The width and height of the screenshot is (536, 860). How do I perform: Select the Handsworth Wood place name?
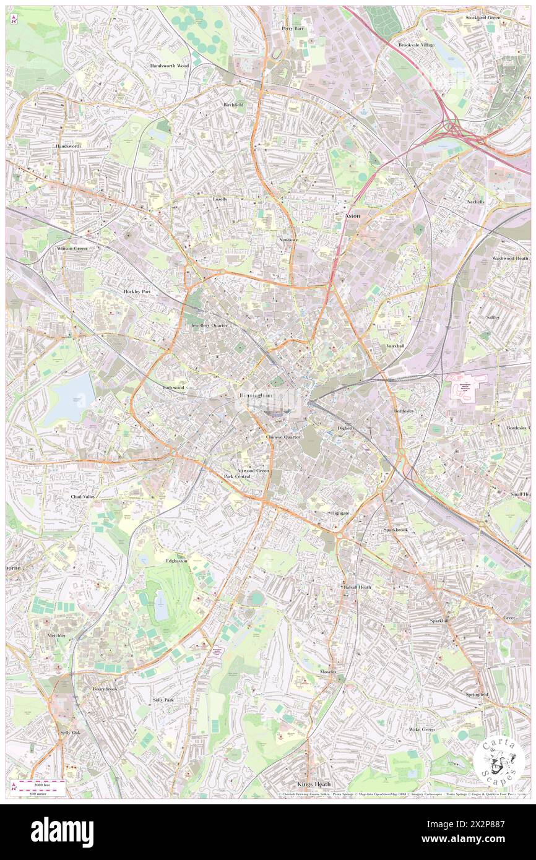169,65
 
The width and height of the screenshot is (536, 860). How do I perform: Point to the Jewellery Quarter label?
209,325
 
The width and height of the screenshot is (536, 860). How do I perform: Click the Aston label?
352,215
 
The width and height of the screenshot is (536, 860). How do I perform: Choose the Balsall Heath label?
357,587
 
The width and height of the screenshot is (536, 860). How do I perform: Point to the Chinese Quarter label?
283,437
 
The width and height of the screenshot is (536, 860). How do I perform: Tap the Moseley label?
328,671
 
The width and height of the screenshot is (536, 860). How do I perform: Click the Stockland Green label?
483,18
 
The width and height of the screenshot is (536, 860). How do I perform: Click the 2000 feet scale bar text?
42,783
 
